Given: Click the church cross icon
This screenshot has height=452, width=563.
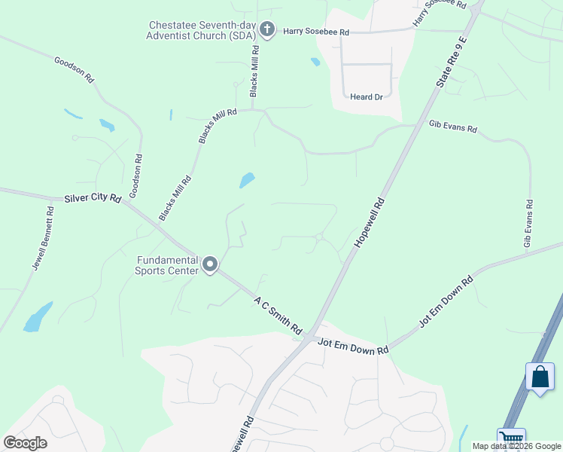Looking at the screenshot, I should coord(266,29).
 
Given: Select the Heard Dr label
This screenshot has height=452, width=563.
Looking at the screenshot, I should coord(367,97).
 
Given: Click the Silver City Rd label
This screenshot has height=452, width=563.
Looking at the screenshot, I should coord(94,197).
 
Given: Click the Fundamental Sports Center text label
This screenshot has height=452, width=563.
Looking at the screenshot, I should coord(167,265).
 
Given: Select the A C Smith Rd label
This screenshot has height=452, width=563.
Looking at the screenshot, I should coord(278,315).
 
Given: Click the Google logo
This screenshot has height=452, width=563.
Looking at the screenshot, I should coord(26,442).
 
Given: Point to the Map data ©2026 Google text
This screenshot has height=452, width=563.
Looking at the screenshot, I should coord(516,446).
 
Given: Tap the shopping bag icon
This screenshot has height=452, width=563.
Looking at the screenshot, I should coord(540,376).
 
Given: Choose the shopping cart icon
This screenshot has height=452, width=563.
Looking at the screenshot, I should coord(510,438).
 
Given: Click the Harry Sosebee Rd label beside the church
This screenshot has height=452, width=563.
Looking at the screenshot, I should coord(316,32).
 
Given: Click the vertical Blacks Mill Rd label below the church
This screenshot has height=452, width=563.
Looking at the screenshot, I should coord(254,71).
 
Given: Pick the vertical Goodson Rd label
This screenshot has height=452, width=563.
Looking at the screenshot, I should coord(135,176).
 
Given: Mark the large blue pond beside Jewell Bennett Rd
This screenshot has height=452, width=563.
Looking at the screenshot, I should coord(38,317).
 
